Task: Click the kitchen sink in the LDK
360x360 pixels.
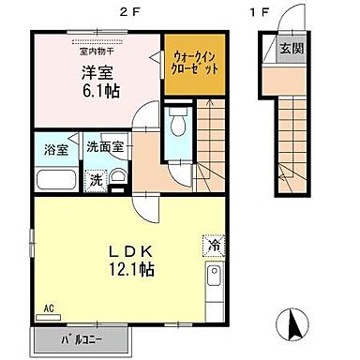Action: (214, 278)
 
